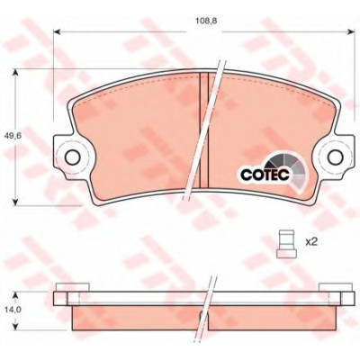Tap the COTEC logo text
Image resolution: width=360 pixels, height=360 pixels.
coord(265,175)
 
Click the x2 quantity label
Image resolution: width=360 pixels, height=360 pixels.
coord(311,242)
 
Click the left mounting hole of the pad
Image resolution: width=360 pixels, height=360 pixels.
coord(72,157)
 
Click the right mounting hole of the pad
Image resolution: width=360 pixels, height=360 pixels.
coord(336,157)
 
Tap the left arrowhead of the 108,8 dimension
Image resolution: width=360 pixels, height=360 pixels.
coord(58,31)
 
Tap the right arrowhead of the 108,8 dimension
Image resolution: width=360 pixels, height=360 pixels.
coord(351,31)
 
